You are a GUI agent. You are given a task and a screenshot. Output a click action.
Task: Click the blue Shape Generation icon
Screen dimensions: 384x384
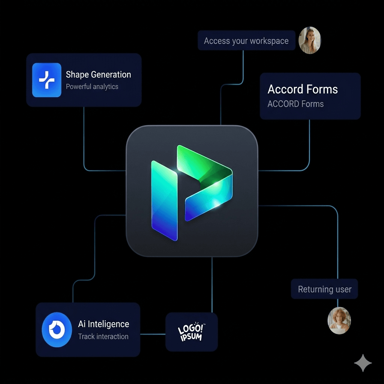46,80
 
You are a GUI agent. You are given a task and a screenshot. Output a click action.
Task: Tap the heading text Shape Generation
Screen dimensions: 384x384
98,75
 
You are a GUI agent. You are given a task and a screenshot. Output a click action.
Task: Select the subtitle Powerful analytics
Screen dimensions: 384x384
92,87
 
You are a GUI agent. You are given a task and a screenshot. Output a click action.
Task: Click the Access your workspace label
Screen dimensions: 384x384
246,41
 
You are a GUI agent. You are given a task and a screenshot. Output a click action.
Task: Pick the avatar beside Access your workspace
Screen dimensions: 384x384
310,40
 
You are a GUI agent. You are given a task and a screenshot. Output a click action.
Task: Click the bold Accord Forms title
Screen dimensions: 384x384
303,89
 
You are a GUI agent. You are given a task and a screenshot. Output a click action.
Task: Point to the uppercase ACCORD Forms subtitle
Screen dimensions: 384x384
295,104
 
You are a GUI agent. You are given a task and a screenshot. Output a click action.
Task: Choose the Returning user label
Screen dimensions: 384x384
324,289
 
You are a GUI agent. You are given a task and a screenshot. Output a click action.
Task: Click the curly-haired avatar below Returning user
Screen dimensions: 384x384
339,321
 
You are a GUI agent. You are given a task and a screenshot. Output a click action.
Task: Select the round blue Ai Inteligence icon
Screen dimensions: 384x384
57,330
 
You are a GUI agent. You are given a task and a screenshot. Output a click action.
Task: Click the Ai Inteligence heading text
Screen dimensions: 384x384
103,324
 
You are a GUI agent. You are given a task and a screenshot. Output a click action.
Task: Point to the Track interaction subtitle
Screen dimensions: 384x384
103,336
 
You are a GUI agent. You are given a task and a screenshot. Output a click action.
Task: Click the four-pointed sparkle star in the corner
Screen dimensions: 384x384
363,363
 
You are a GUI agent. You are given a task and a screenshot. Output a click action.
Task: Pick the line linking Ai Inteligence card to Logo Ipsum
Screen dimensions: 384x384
153,333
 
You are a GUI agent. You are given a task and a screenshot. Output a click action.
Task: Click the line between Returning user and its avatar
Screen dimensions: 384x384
338,303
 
